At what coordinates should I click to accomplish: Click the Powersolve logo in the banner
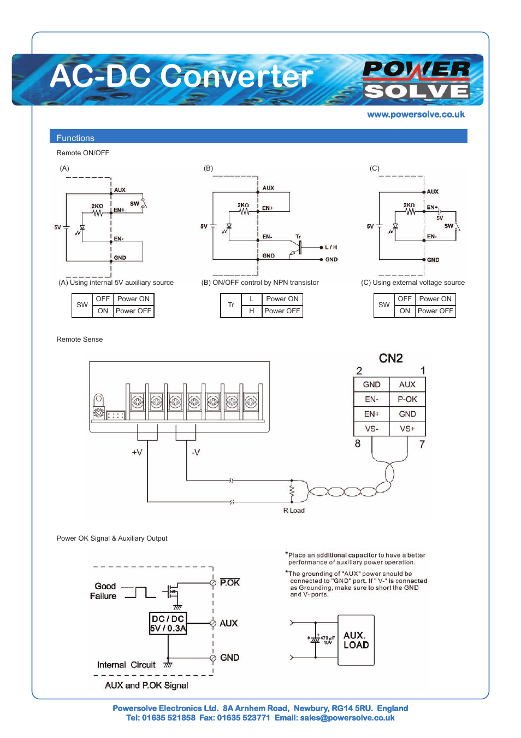[416, 80]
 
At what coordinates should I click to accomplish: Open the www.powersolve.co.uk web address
[416, 114]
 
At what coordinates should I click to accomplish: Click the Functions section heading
[75, 138]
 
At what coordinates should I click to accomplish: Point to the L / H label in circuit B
[331, 247]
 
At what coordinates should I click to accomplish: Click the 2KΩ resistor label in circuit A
[97, 206]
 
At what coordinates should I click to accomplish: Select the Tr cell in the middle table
[231, 305]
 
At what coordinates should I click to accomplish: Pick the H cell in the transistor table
[252, 311]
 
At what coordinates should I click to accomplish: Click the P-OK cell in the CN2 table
[407, 399]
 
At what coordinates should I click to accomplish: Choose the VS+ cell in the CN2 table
[407, 429]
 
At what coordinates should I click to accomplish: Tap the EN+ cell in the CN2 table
[371, 414]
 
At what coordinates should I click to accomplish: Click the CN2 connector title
[390, 358]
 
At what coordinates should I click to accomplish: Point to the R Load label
[294, 510]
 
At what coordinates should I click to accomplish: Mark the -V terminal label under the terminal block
[196, 452]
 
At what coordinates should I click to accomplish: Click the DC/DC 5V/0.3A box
[168, 623]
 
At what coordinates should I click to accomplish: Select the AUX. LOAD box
[356, 640]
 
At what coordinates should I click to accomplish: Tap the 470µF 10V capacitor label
[326, 640]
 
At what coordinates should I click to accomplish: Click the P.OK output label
[229, 582]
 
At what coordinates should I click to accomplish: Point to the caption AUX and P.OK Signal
[146, 685]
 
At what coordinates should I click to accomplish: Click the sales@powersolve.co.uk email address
[347, 718]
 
